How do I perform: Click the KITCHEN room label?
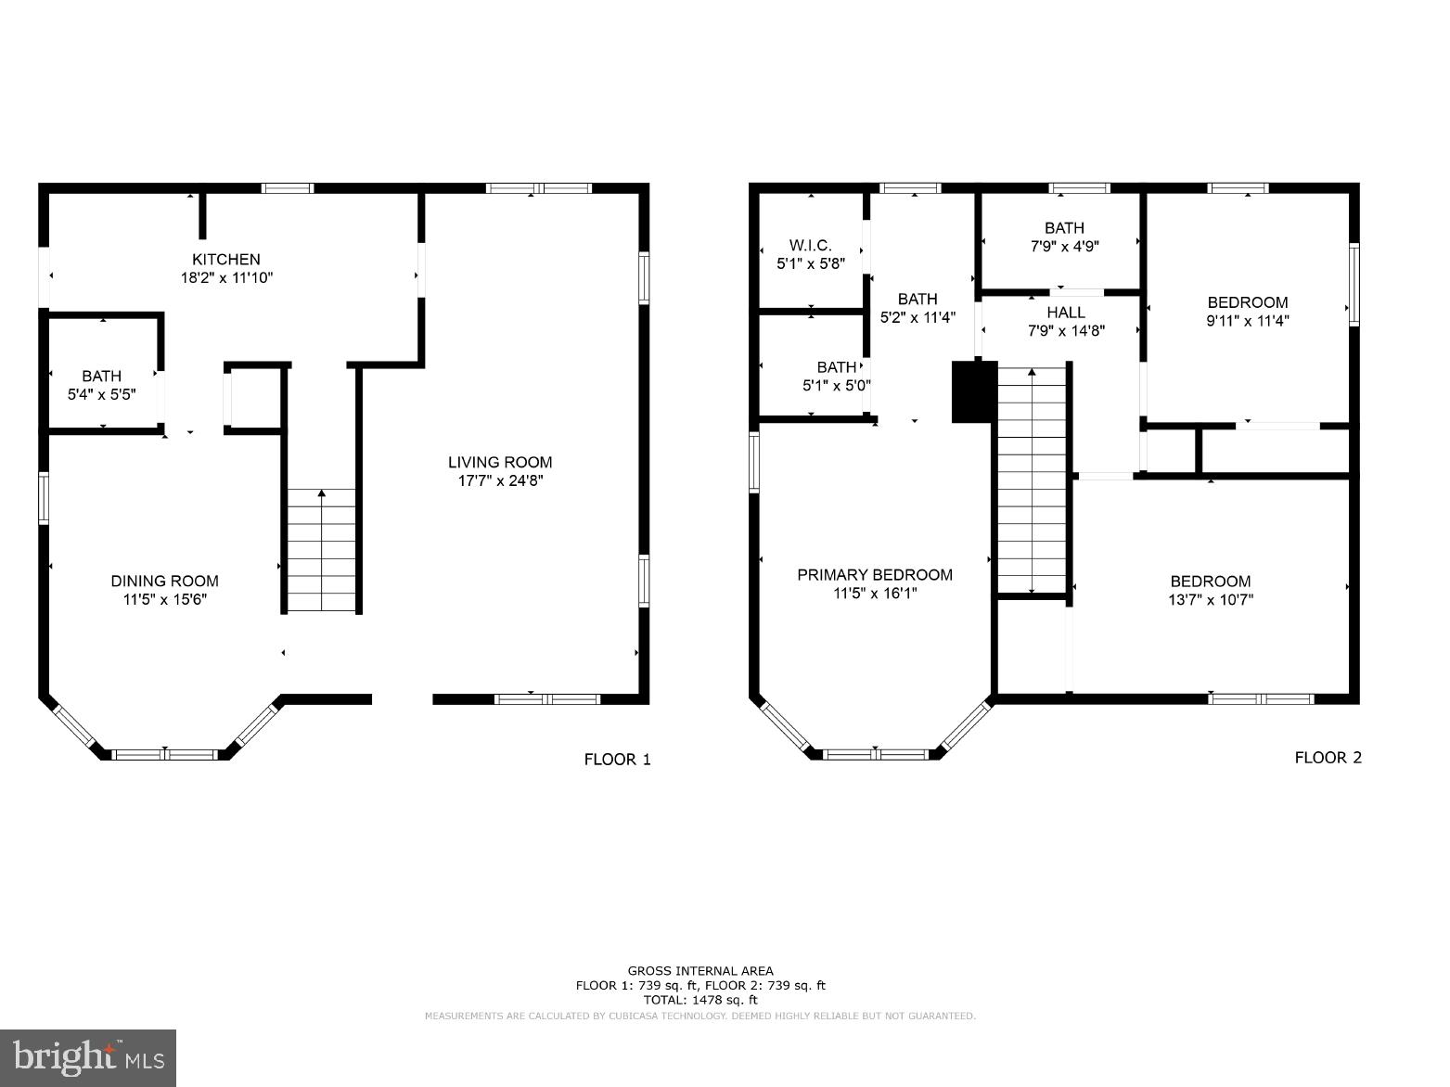pos(226,260)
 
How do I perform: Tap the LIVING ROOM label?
pos(500,462)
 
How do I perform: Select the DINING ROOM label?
pos(164,582)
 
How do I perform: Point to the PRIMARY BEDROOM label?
pos(874,575)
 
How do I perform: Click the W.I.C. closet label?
pos(810,246)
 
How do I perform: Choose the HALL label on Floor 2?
pos(1066,313)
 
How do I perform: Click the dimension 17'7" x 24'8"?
pos(500,480)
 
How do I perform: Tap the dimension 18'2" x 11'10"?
pos(226,277)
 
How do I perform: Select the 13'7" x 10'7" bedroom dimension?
pos(1210,600)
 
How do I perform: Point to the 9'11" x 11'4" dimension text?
pos(1247,320)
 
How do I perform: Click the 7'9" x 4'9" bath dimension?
pos(1063,247)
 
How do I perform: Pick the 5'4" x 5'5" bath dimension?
pos(102,394)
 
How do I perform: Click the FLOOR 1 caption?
pos(617,760)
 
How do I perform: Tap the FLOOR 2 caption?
pos(1328,758)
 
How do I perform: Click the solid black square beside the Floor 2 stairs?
pos(973,391)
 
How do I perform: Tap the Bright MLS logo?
pos(89,1056)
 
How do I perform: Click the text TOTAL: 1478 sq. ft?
pos(700,1000)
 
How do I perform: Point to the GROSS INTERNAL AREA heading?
pos(700,971)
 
